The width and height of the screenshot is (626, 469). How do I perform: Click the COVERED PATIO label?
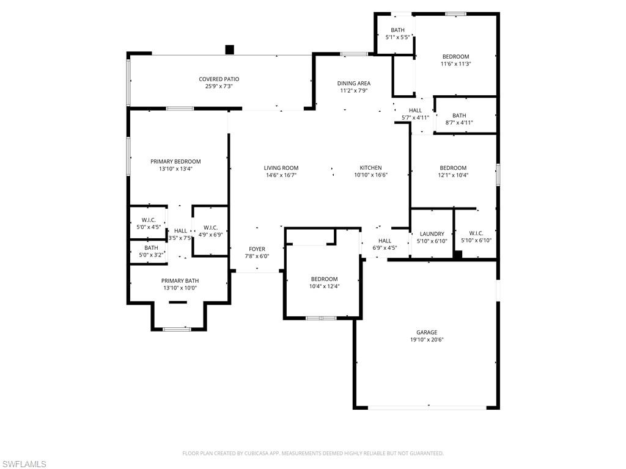(219, 79)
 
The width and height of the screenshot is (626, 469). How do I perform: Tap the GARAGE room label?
(426, 332)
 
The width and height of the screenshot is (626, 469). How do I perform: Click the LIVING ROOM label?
(281, 168)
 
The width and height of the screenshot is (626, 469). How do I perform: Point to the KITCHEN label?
(370, 168)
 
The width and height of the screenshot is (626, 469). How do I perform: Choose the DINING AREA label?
(354, 83)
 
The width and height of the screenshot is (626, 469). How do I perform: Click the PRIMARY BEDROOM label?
(175, 161)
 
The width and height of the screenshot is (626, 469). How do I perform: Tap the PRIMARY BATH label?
(180, 281)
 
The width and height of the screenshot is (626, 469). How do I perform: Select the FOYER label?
(257, 249)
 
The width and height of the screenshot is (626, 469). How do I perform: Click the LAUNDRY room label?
(432, 234)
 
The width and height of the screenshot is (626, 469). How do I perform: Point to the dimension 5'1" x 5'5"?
(397, 37)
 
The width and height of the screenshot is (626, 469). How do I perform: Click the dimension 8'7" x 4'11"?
(459, 123)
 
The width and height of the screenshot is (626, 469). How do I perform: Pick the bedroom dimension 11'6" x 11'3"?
(455, 64)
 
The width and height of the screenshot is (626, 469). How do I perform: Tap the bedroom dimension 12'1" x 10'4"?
(453, 175)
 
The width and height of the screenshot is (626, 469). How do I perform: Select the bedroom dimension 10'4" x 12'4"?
(324, 286)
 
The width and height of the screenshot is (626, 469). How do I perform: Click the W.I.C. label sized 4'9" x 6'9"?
(210, 228)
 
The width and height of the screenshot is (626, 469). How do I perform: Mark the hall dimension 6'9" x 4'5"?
(385, 248)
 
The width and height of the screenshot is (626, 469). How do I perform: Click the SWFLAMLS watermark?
(23, 464)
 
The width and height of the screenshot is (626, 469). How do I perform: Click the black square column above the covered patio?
(229, 49)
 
